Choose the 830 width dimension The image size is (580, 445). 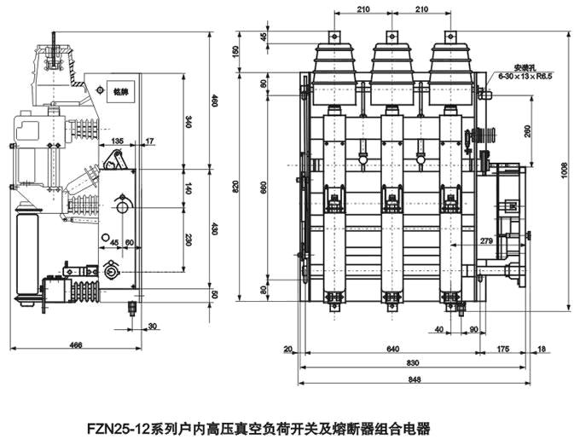pyautogui.click(x=391, y=362)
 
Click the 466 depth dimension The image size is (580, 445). pyautogui.click(x=76, y=344)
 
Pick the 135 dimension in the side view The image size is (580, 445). pyautogui.click(x=117, y=141)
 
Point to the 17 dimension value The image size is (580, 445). pyautogui.click(x=150, y=141)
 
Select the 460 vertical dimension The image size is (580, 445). pyautogui.click(x=214, y=101)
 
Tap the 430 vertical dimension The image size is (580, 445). pyautogui.click(x=214, y=228)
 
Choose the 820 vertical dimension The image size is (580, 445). pyautogui.click(x=242, y=186)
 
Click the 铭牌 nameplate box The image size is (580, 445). pyautogui.click(x=119, y=92)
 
